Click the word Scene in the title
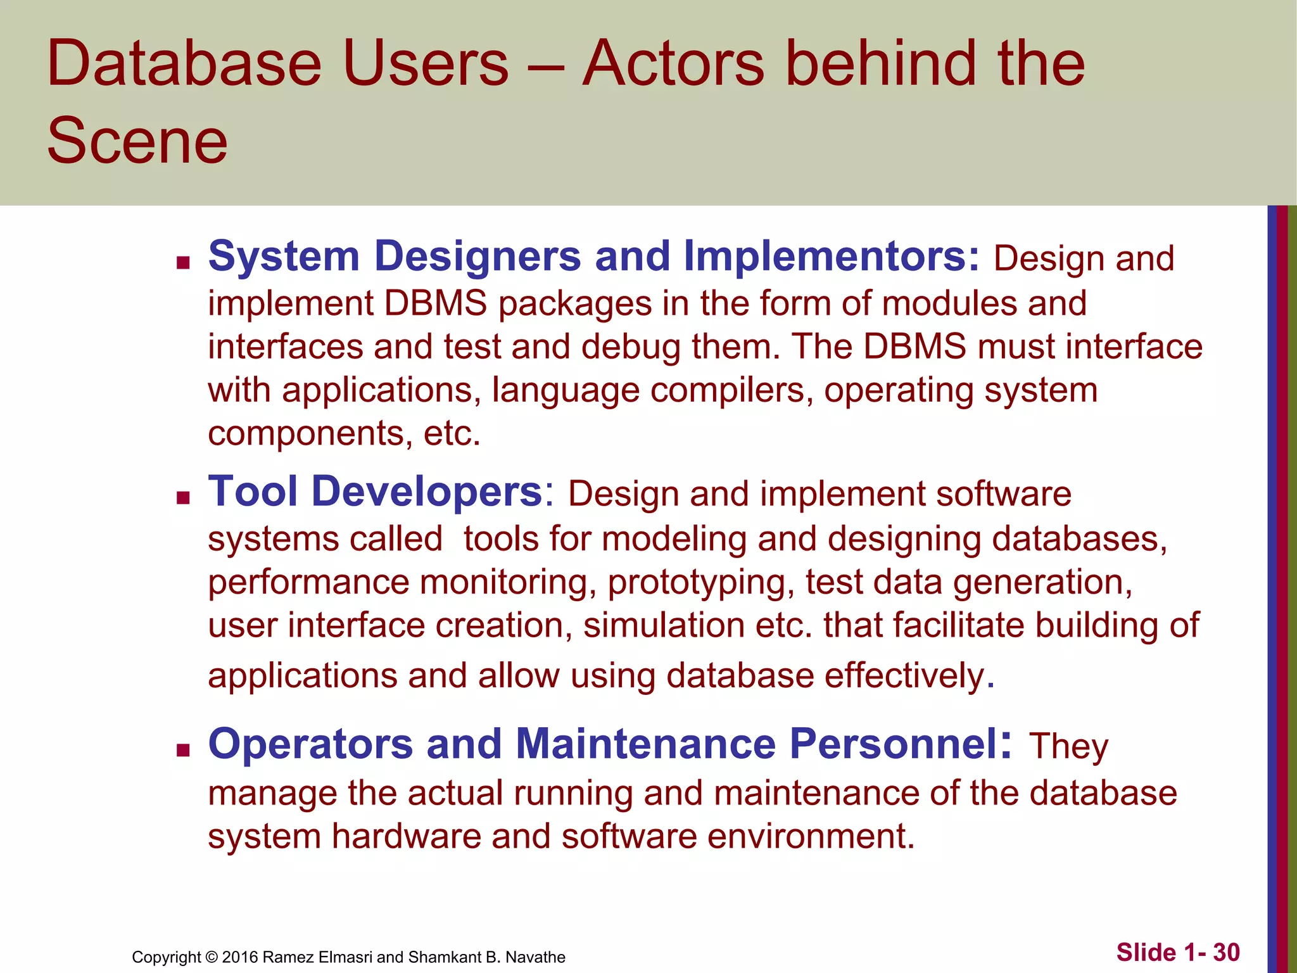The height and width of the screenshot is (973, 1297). coord(137,141)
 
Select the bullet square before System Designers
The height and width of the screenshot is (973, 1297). coord(184,263)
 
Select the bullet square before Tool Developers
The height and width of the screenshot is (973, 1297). coord(184,498)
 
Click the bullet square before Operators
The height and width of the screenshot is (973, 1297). coord(184,751)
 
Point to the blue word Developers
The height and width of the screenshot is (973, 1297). coord(427,492)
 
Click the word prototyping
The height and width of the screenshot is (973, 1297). coord(700,582)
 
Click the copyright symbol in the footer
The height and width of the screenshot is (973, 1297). coord(212,957)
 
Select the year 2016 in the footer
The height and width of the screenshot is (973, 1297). coord(240,957)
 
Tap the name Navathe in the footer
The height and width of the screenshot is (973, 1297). coord(535,957)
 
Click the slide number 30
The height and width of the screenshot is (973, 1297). coord(1227,953)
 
